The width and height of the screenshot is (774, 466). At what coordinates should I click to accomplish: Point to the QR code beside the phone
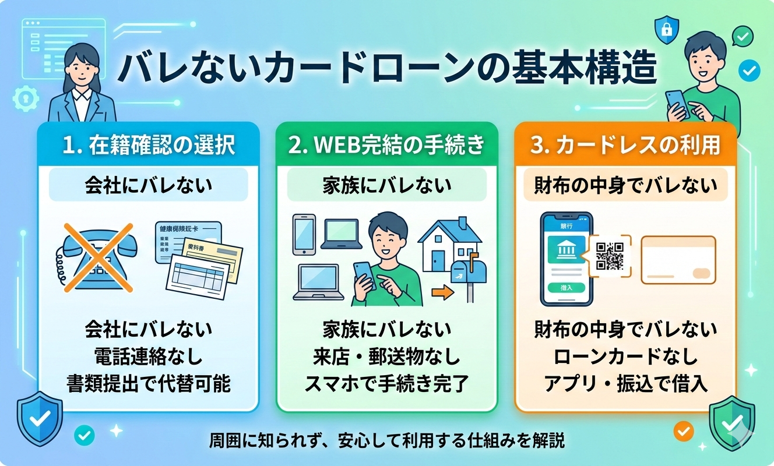click(x=610, y=255)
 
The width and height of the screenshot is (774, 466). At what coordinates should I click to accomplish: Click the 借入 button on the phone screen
click(x=566, y=287)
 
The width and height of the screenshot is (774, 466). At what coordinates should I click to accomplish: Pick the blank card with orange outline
click(x=678, y=259)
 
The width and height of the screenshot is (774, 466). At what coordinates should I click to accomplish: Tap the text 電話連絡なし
click(x=149, y=356)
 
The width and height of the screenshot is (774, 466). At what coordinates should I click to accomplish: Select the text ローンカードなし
click(x=625, y=356)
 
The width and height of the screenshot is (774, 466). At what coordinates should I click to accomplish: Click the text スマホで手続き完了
click(x=386, y=383)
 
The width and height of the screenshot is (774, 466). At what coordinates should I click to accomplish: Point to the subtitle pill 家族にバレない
click(x=386, y=186)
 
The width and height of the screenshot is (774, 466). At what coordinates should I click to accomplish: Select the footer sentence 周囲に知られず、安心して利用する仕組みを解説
click(x=386, y=440)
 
